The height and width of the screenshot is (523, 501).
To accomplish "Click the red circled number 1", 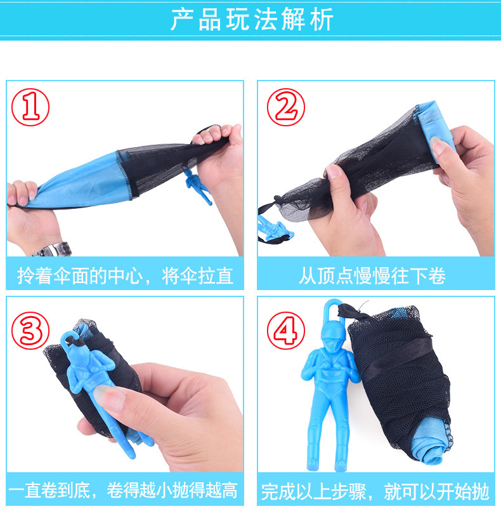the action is (30, 107).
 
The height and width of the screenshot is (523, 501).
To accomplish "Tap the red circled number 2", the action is (285, 107).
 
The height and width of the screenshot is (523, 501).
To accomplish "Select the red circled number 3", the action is (30, 331).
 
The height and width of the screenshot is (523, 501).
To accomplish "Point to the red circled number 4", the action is (285, 331).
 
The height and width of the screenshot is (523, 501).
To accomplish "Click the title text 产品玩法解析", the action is (252, 19).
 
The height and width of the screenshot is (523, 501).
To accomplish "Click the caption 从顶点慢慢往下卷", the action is (372, 276).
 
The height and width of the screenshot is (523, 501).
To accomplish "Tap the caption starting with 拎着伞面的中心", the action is (125, 276).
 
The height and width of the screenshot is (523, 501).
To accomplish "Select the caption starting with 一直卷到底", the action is (123, 490).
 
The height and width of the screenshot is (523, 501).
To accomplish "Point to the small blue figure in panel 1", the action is (197, 185).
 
